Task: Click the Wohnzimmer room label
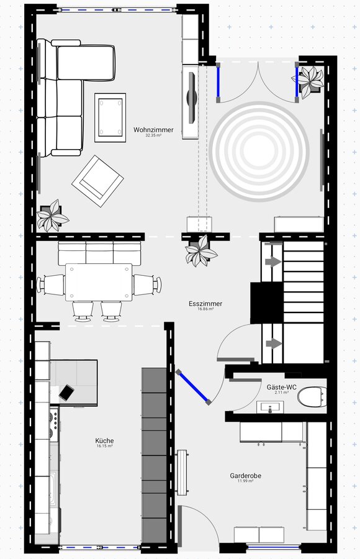click(x=154, y=130)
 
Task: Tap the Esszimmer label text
click(x=205, y=304)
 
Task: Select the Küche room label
click(x=104, y=440)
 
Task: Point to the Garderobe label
click(x=246, y=476)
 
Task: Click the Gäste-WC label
click(x=282, y=387)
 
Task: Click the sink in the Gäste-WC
click(x=270, y=407)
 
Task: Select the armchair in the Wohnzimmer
click(x=97, y=181)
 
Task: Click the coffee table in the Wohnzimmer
click(x=110, y=117)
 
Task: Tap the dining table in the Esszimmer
click(x=99, y=282)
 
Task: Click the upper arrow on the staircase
click(x=273, y=261)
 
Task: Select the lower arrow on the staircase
click(x=273, y=343)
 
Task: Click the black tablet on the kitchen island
click(x=66, y=392)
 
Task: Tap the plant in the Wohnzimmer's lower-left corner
click(x=53, y=216)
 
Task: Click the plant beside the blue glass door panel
click(x=308, y=81)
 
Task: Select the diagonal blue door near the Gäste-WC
click(x=193, y=387)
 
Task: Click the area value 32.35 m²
click(x=154, y=135)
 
